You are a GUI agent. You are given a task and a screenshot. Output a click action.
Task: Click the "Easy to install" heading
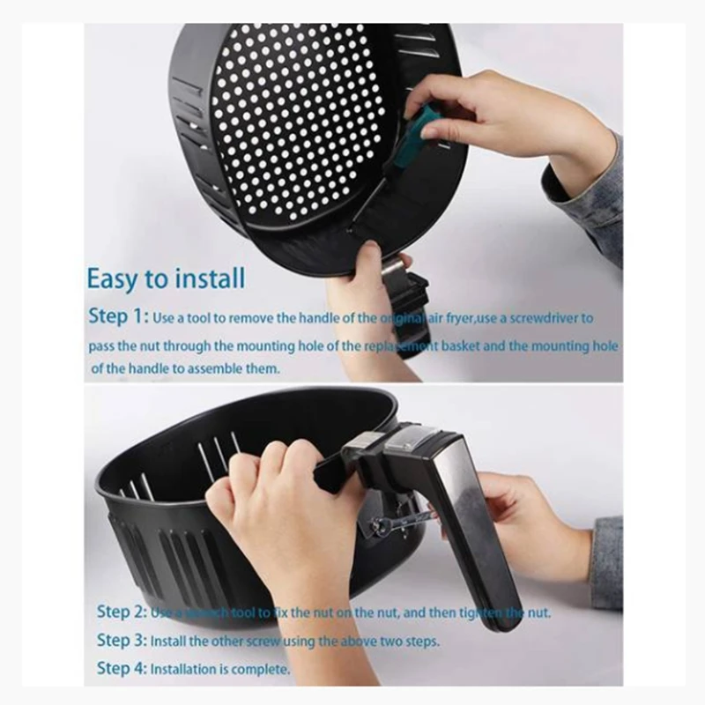coord(166,278)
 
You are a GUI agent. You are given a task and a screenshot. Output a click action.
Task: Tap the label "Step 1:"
coord(118,316)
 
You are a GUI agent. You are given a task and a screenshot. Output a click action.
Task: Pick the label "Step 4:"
coord(122,669)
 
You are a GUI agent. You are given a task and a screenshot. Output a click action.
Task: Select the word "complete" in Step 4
coord(263,670)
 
